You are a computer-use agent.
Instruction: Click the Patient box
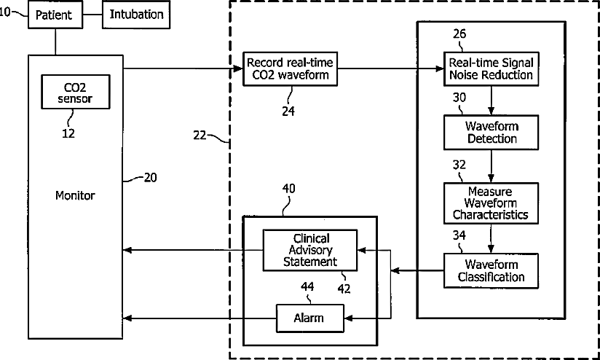pos(55,15)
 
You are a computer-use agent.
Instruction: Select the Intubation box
pos(136,15)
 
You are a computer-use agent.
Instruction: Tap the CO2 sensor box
pos(76,92)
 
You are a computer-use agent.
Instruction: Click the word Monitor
pos(75,195)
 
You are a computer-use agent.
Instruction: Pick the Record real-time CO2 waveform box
pos(289,69)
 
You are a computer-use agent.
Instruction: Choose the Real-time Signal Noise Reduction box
pos(490,69)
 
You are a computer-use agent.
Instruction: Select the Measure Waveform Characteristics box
pos(491,203)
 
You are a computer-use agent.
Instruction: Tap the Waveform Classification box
pos(491,270)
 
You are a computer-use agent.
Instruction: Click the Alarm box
pos(308,318)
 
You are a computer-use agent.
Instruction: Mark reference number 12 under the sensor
pos(68,133)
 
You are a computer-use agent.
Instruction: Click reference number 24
pos(288,111)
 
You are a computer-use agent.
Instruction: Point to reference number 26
pos(459,33)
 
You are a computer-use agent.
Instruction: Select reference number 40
pos(289,189)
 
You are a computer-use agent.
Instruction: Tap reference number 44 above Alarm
pos(307,287)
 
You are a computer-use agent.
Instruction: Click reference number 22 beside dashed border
pos(202,135)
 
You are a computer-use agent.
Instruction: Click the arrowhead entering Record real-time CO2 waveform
pos(237,69)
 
